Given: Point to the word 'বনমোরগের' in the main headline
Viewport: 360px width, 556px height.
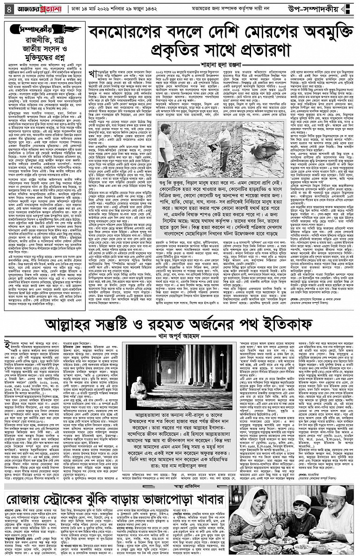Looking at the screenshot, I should (x=130, y=34).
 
